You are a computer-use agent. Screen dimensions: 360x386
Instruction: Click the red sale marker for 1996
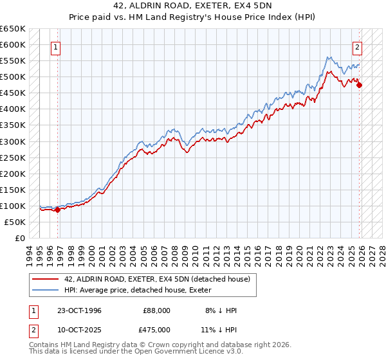point(57,209)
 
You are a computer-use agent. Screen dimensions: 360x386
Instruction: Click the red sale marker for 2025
point(359,84)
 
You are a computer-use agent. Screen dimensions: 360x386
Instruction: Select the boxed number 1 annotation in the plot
point(56,46)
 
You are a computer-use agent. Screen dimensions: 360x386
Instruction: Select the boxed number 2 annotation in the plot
point(357,46)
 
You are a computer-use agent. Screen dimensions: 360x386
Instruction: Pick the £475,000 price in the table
point(156,329)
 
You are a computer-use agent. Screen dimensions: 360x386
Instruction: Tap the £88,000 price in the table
point(156,310)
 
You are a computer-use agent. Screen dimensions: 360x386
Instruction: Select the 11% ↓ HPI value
point(221,329)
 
